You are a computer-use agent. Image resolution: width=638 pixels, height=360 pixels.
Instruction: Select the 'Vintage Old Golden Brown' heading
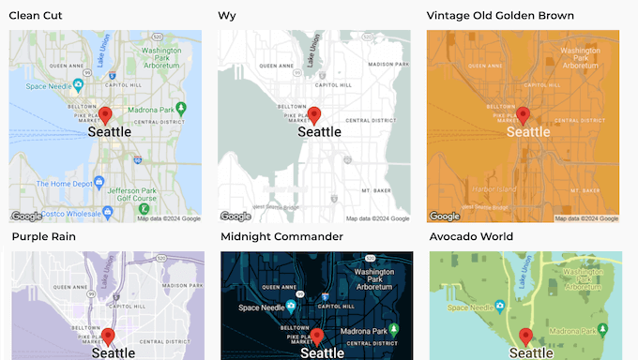click(500, 15)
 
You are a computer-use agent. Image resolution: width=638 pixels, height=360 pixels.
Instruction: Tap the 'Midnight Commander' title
click(281, 236)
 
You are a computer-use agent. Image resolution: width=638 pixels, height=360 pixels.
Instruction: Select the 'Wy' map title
click(227, 15)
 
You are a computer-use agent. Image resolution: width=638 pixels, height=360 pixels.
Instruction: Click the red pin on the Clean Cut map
click(106, 115)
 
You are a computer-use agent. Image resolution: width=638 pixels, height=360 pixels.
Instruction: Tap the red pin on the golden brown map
click(524, 115)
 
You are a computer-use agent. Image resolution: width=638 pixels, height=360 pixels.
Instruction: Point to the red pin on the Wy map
click(314, 115)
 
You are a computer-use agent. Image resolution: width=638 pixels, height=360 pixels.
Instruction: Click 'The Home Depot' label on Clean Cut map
click(47, 184)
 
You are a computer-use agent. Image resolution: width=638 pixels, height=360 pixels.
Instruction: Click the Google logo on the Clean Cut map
click(25, 216)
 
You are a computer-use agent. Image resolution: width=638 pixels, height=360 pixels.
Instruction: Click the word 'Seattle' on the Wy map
click(319, 132)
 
